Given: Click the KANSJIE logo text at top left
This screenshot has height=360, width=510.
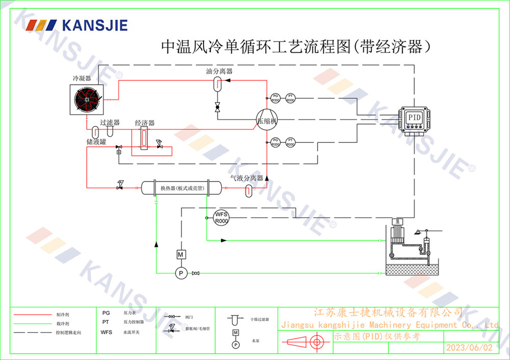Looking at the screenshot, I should click(x=94, y=25).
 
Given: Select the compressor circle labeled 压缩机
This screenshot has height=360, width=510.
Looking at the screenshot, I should click(x=266, y=121).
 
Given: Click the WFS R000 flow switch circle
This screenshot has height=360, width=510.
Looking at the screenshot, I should click(x=221, y=218).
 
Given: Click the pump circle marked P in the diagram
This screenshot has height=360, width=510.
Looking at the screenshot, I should click(x=180, y=274).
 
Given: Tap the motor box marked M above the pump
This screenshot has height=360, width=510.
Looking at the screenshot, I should click(x=180, y=254).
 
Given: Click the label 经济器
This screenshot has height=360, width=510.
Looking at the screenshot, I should click(x=144, y=123).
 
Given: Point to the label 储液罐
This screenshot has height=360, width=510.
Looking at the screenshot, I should click(x=96, y=142).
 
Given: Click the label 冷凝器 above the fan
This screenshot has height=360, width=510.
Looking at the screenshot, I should click(x=82, y=79).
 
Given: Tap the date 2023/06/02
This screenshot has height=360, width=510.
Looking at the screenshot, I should click(x=470, y=348).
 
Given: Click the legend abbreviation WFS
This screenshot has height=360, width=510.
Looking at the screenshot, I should click(x=106, y=332).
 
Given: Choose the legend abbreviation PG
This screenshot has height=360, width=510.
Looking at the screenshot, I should click(x=106, y=313).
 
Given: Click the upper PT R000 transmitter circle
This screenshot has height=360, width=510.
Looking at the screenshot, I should click(x=290, y=98).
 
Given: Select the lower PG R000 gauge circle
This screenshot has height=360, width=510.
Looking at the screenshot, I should click(x=275, y=142).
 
